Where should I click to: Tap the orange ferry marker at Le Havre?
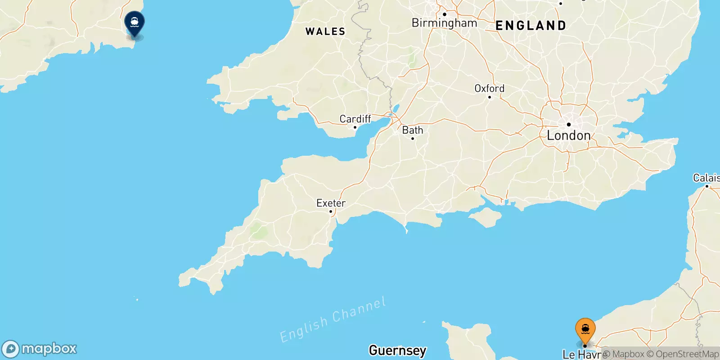point(585,329)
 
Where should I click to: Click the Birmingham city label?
point(444,23)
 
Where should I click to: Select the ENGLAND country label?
point(531,26)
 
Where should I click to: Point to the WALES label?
point(325,31)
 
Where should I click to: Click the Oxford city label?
point(489,88)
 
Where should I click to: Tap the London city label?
point(568,135)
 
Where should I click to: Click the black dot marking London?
point(569,125)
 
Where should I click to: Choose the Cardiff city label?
point(355,119)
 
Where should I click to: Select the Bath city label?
point(413,130)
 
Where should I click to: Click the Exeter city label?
point(331,203)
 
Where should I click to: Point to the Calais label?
point(706,178)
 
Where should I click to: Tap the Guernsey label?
point(397,350)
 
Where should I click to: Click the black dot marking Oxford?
point(490,97)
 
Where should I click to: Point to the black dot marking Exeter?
point(331,211)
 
